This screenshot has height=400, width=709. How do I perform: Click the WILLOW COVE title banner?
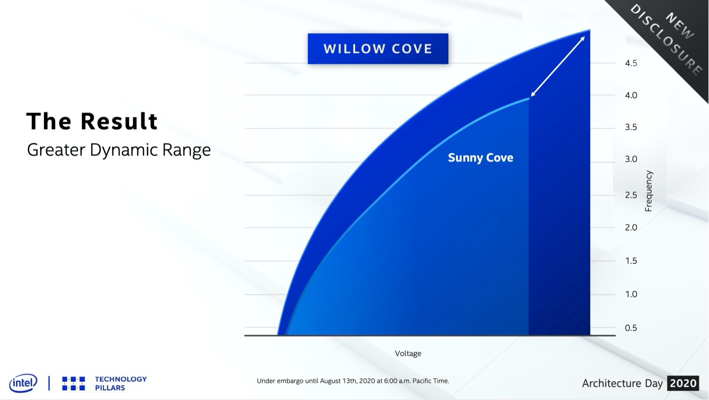[x=378, y=49]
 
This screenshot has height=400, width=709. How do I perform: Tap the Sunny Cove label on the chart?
[x=481, y=158]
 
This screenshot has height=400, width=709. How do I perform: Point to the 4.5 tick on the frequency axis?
[x=631, y=63]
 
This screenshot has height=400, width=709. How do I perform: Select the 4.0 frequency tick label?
[x=631, y=96]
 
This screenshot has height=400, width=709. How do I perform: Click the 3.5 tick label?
[x=631, y=127]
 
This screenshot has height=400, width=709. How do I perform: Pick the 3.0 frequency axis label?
[x=631, y=159]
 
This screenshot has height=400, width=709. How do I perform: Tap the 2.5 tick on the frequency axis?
[x=631, y=195]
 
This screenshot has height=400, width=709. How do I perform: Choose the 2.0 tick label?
[x=631, y=227]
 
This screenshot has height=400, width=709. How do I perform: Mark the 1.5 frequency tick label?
[x=631, y=261]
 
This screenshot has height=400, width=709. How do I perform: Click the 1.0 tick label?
[x=631, y=294]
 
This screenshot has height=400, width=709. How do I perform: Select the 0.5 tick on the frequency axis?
[x=631, y=328]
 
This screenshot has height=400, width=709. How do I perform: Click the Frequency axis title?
[x=648, y=191]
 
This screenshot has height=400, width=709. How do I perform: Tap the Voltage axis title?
[x=408, y=354]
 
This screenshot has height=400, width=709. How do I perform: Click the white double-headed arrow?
[x=558, y=66]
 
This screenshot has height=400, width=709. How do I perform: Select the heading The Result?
[x=92, y=121]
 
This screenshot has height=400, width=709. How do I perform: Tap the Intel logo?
[x=23, y=383]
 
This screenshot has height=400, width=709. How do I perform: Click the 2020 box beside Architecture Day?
[x=683, y=383]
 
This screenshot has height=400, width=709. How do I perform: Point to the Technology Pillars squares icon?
[x=73, y=383]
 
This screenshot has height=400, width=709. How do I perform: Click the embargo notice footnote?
[x=353, y=381]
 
